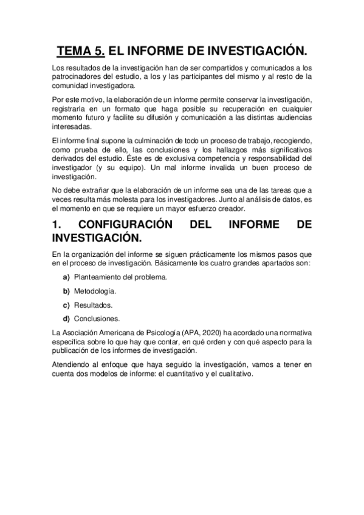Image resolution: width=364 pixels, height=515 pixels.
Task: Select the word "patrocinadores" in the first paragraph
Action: (x=74, y=77)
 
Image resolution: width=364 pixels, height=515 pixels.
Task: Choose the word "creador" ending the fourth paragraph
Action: (x=227, y=210)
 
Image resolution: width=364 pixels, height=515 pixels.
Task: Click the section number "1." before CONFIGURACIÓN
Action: (x=58, y=225)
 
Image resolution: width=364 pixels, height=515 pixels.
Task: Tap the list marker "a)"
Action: (x=66, y=277)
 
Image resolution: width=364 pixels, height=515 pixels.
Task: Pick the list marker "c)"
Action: (x=66, y=305)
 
